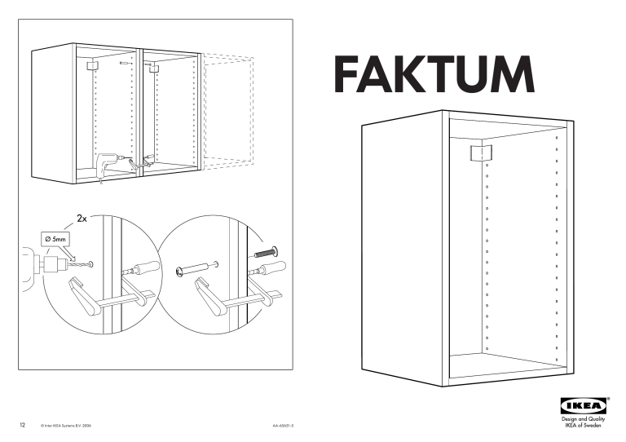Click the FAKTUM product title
pos(434,74)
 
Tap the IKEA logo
pos(584,406)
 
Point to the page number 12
pos(22,425)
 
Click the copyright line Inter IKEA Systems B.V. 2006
pos(66,426)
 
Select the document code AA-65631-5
pos(284,426)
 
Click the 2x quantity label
pos(82,219)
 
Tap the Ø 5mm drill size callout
pos(54,240)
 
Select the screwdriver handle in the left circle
pos(148,267)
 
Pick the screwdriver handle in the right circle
pos(273,267)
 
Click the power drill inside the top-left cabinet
pos(107,165)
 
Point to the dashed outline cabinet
pos(227,111)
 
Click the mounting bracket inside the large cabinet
pos(481,153)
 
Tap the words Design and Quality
pos(584,419)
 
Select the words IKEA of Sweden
pos(584,425)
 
